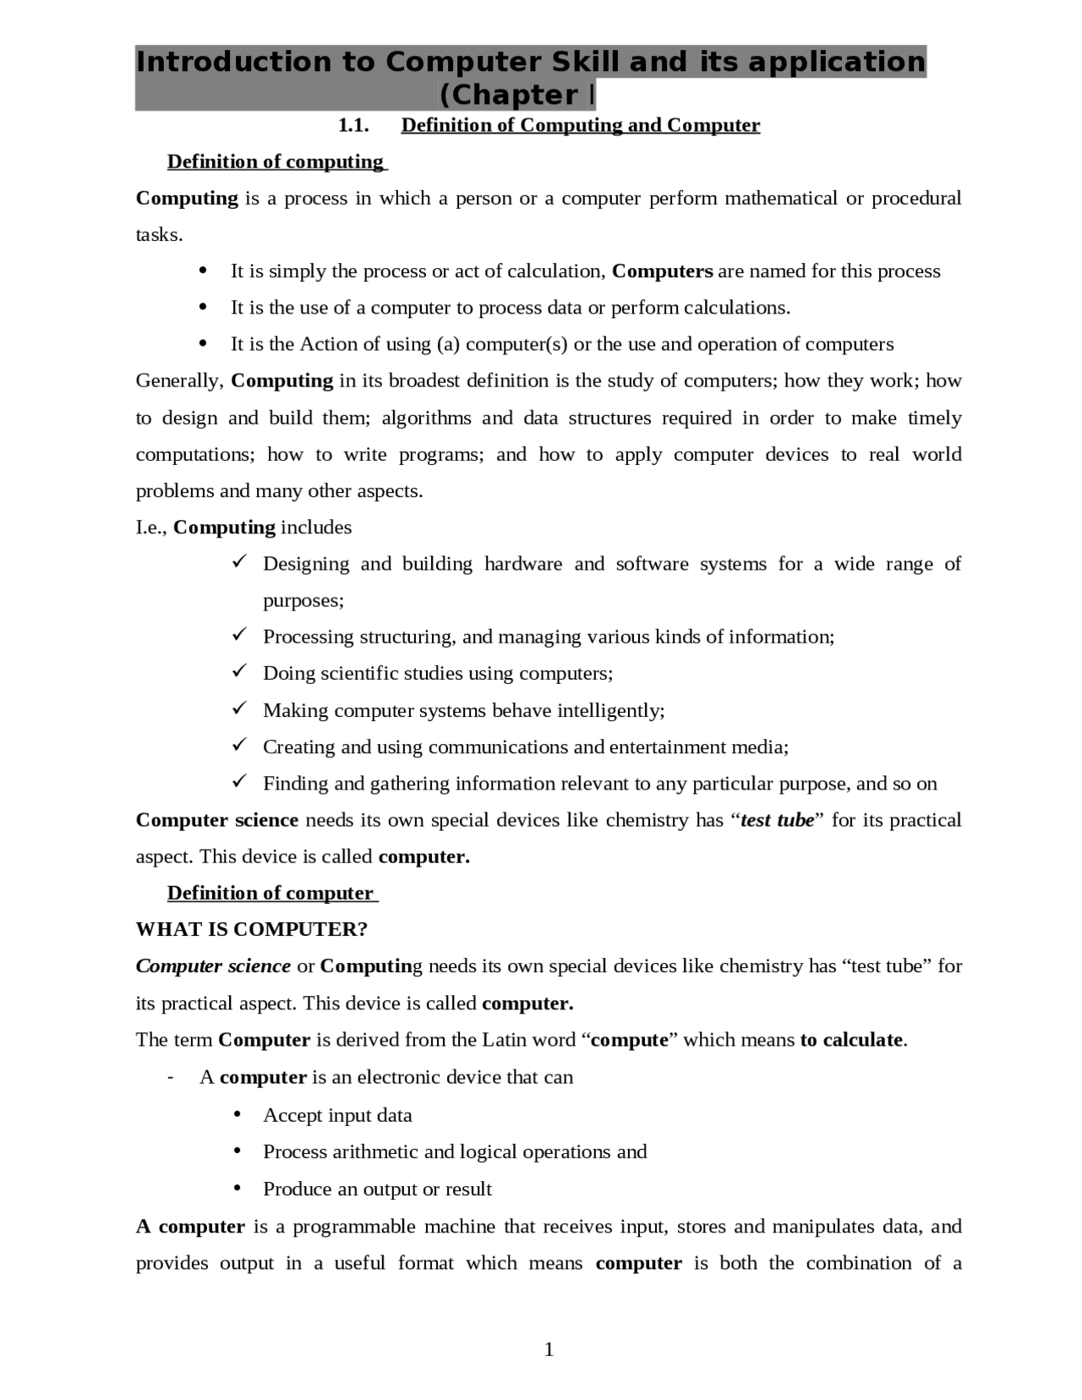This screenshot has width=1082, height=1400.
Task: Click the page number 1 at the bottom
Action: (x=549, y=1349)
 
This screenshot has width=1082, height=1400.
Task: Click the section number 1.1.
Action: (x=354, y=126)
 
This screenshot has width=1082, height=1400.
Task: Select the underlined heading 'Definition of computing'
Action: (x=276, y=161)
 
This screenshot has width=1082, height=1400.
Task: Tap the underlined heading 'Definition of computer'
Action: (x=270, y=893)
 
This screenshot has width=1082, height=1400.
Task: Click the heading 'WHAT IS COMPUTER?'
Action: (x=252, y=929)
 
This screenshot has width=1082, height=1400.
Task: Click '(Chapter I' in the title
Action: (x=516, y=95)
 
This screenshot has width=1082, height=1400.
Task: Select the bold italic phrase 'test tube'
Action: (x=777, y=820)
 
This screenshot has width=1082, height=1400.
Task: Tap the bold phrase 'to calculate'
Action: (x=852, y=1040)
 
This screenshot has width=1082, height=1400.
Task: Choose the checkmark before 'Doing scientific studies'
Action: (x=238, y=672)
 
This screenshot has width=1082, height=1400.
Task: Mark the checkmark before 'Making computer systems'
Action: (x=238, y=708)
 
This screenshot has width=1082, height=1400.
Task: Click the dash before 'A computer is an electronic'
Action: (x=172, y=1077)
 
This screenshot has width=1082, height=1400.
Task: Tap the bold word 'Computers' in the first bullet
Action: (x=662, y=271)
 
